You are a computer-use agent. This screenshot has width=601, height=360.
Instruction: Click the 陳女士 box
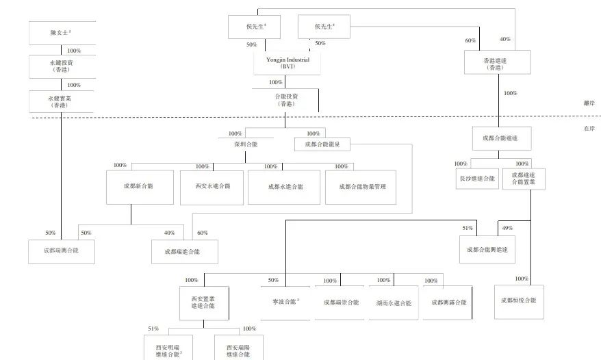pos(62,33)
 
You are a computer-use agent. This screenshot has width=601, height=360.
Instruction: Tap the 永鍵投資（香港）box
pos(62,66)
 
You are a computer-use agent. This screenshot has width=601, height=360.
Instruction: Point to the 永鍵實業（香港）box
pos(62,101)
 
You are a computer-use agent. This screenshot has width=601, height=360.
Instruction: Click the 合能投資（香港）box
pos(286,100)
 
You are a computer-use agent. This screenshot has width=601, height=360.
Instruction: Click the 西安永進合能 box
pos(212,187)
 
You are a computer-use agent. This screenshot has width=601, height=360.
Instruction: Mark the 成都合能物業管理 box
pos(361,187)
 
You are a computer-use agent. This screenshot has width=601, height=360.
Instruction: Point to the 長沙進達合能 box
pos(476,178)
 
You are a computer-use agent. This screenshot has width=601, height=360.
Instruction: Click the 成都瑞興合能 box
pos(61,251)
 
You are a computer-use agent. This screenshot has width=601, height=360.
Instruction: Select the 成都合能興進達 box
pos(487,250)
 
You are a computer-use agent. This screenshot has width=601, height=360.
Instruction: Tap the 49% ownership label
pos(507,228)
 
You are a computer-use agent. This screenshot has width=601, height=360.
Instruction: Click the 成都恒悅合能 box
pos(518,300)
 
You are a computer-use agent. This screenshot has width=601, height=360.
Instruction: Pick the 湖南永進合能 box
pos(394,302)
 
